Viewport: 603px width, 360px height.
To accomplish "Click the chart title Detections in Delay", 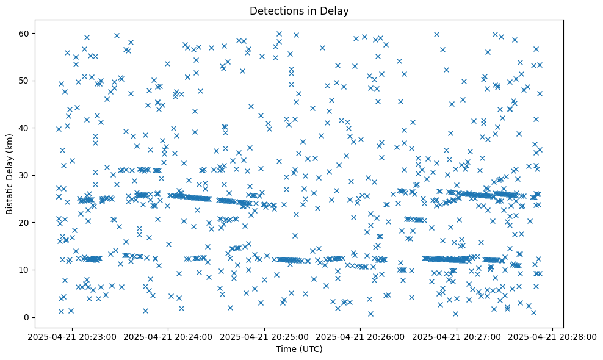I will pos(299,10).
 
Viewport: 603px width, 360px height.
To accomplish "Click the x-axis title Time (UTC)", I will pos(299,350).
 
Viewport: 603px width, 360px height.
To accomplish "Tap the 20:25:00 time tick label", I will pos(265,336).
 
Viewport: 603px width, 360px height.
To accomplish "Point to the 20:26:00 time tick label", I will pos(361,336).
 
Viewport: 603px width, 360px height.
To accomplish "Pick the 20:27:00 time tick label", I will pos(457,336).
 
